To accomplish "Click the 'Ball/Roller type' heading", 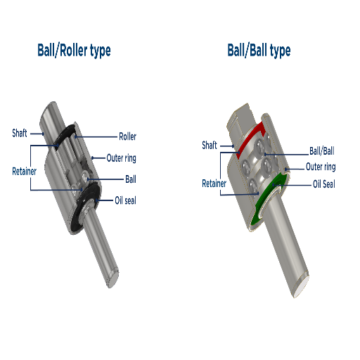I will click(74, 51).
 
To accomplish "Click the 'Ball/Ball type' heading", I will click(258, 51).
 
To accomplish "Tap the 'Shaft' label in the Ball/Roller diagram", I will click(20, 132).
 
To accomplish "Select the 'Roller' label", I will click(127, 136).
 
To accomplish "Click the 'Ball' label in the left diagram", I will click(130, 179).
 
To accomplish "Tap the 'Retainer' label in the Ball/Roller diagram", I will click(24, 171).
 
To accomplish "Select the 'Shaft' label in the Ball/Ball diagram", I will click(210, 146).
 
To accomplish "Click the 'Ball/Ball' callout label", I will click(322, 150).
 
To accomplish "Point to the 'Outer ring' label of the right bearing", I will click(320, 167).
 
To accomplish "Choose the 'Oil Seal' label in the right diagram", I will click(323, 184).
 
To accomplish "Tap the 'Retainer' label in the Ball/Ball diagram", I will click(214, 184).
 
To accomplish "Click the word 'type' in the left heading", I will click(97, 51).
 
